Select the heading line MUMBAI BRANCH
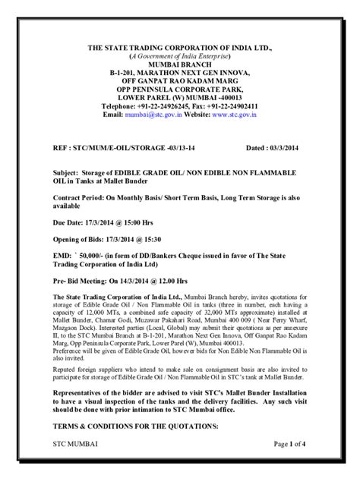(x=180, y=66)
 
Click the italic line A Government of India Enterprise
(x=180, y=56)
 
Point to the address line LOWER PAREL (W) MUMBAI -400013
(x=180, y=96)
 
